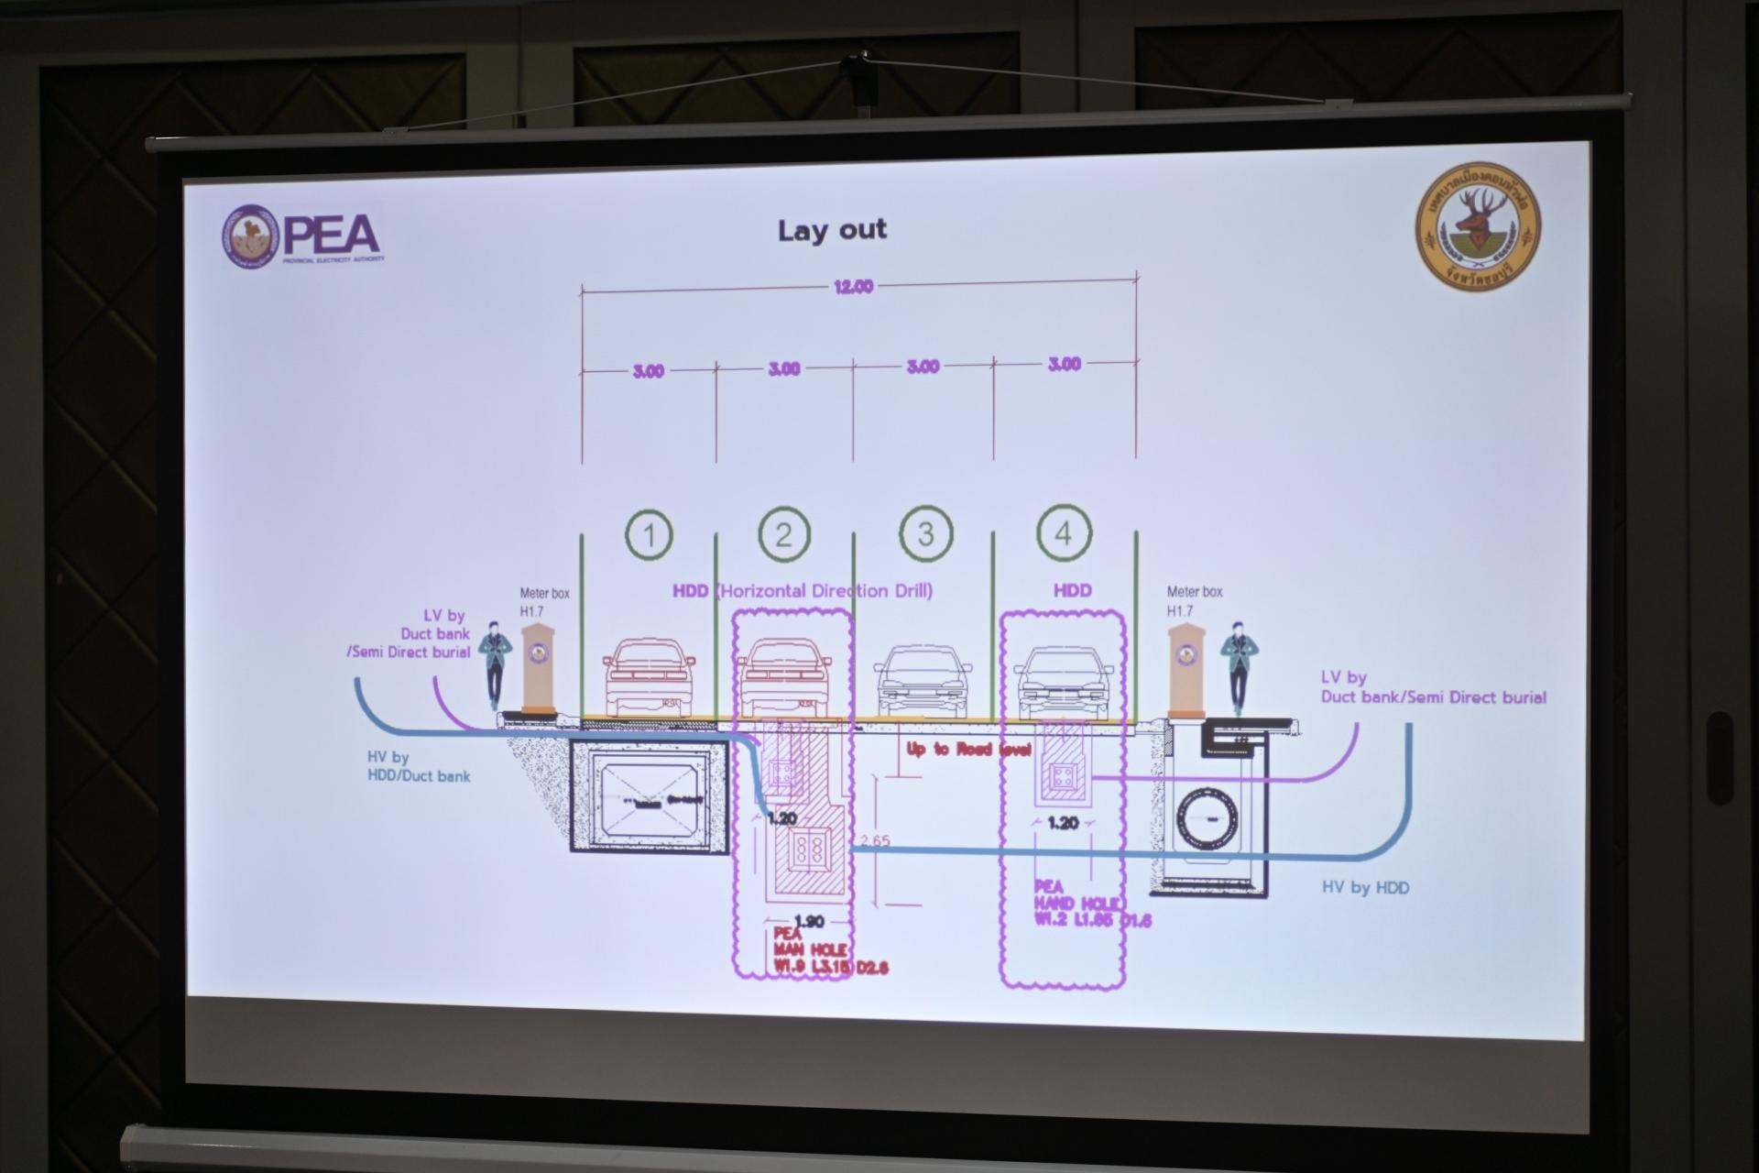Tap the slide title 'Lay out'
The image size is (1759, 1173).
pyautogui.click(x=832, y=230)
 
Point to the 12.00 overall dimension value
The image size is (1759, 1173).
pyautogui.click(x=853, y=287)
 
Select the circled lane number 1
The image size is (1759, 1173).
pyautogui.click(x=650, y=534)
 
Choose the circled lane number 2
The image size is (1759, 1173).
pyautogui.click(x=784, y=534)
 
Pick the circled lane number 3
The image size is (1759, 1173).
pyautogui.click(x=925, y=533)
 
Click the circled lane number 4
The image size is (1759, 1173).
pyautogui.click(x=1064, y=532)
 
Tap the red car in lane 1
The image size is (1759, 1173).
pyautogui.click(x=650, y=677)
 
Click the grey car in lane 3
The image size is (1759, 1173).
pyautogui.click(x=923, y=681)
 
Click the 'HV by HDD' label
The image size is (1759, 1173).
pyautogui.click(x=1365, y=887)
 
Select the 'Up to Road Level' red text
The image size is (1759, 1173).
pyautogui.click(x=969, y=750)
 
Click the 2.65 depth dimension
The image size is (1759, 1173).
pyautogui.click(x=875, y=840)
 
